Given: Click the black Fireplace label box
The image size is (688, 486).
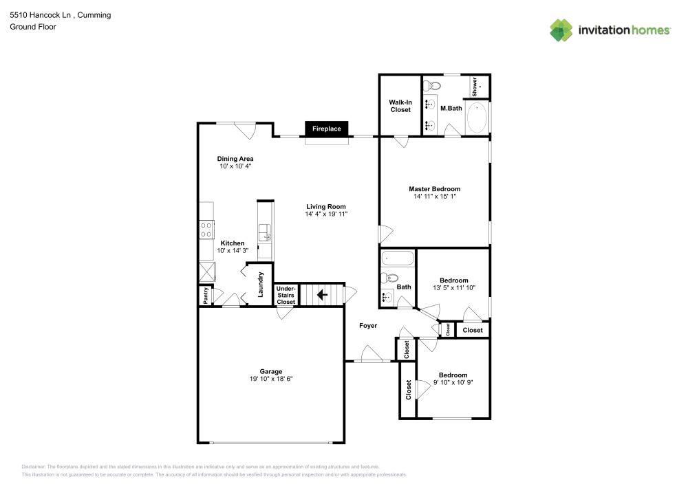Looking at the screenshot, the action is click(326, 129).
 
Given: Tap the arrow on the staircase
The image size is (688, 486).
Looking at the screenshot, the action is click(322, 295).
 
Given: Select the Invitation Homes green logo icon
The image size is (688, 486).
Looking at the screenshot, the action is click(561, 30).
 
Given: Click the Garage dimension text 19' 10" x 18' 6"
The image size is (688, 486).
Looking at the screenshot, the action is click(271, 379).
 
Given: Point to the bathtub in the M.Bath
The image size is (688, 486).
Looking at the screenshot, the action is click(477, 118).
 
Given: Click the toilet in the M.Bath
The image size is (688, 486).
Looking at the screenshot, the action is click(433, 85).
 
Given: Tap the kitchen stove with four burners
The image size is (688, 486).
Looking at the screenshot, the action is click(206, 230).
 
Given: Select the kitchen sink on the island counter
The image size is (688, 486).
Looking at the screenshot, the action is click(265, 233).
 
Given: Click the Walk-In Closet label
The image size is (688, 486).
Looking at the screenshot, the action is click(400, 106).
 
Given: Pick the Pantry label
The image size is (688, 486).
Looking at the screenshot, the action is click(206, 296).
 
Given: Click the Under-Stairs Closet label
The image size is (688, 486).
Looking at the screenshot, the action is click(286, 295).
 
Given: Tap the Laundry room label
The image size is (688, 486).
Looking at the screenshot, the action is click(260, 285).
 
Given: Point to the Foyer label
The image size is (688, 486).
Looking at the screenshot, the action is click(368, 326).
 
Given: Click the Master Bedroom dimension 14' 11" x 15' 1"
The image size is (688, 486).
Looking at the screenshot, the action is click(435, 197).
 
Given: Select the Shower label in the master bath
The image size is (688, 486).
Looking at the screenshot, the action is click(474, 87).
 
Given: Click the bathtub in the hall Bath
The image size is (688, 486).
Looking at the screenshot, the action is click(398, 258).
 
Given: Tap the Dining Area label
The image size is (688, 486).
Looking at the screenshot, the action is click(235, 159).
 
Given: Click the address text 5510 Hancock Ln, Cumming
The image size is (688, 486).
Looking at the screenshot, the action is click(61, 15).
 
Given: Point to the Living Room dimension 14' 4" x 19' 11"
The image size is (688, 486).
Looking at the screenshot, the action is click(326, 214).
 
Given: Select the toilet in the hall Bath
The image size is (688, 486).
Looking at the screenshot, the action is click(389, 278).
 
